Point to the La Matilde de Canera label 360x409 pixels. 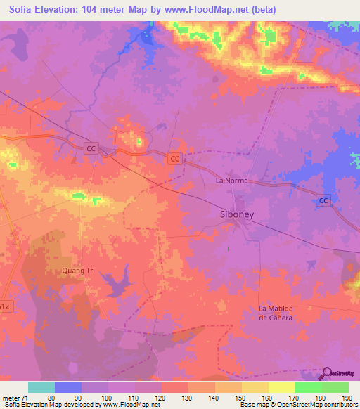(285, 313)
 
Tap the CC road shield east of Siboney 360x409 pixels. (323, 201)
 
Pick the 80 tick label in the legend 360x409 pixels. (55, 398)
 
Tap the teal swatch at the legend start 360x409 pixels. (41, 387)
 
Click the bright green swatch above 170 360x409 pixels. (309, 387)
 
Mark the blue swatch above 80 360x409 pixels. (68, 387)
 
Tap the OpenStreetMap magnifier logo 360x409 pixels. (326, 373)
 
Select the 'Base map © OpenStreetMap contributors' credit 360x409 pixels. (299, 405)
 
